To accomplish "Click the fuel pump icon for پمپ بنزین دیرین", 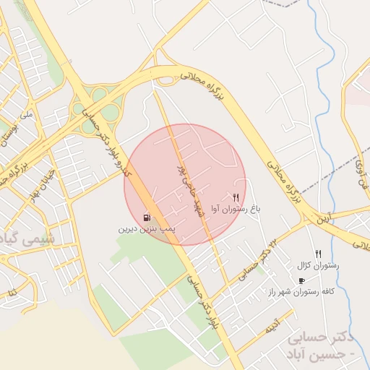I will tap(147, 217).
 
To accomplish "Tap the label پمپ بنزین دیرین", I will tap(147, 228).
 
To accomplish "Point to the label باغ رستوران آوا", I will tap(236, 209).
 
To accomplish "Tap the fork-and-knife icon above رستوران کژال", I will tap(318, 254).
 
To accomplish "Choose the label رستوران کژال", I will tap(318, 266).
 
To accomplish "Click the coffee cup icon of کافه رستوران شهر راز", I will tap(301, 280).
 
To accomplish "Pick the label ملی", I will tap(27, 115).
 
